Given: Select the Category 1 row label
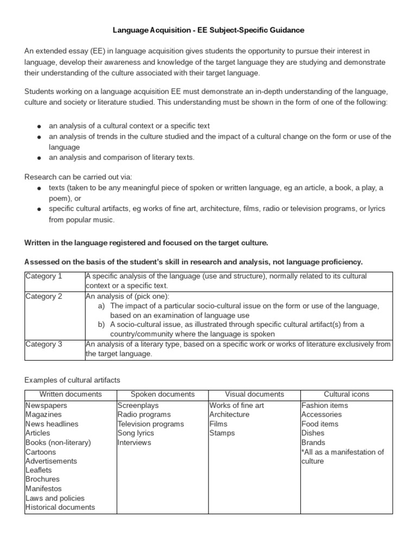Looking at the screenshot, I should tap(44, 276).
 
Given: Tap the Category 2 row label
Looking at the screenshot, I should tap(44, 296).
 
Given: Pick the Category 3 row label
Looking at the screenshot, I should tap(44, 344).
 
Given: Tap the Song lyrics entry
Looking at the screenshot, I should tap(136, 433).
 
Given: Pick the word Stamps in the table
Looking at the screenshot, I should tap(222, 433).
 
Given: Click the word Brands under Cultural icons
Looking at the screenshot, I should tap(313, 442).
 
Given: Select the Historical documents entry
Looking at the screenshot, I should tap(60, 507).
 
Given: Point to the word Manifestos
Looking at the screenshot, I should tap(45, 488).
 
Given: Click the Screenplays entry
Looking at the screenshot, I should tap(138, 405).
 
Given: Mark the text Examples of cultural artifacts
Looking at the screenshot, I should tap(73, 379).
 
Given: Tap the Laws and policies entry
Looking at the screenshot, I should tap(55, 498).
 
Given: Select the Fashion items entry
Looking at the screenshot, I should tap(325, 405).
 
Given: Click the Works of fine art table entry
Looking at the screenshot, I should tap(237, 405).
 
